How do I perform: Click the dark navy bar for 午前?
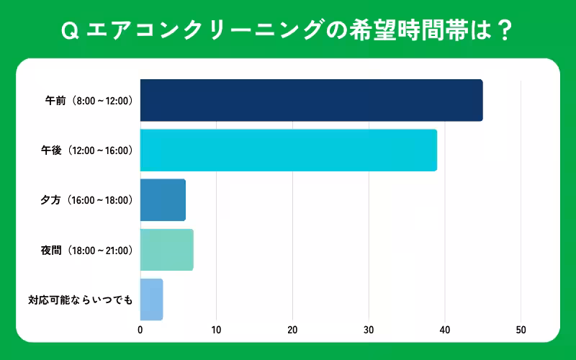(x=311, y=100)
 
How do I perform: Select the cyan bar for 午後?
(x=288, y=150)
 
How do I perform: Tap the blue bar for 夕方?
(x=163, y=200)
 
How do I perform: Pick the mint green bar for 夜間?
(x=166, y=250)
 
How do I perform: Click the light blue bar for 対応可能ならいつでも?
(x=151, y=300)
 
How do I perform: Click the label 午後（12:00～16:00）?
(x=87, y=150)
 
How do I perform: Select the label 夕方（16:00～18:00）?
(x=87, y=200)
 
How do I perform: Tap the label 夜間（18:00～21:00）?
(x=87, y=251)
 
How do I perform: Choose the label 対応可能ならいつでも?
(x=81, y=300)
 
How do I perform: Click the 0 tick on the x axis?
(x=140, y=330)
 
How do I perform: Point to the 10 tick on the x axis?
(x=216, y=330)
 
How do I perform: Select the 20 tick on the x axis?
(x=292, y=330)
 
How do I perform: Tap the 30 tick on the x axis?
(x=369, y=330)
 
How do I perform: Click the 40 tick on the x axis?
(x=445, y=330)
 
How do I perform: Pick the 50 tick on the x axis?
(x=521, y=330)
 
